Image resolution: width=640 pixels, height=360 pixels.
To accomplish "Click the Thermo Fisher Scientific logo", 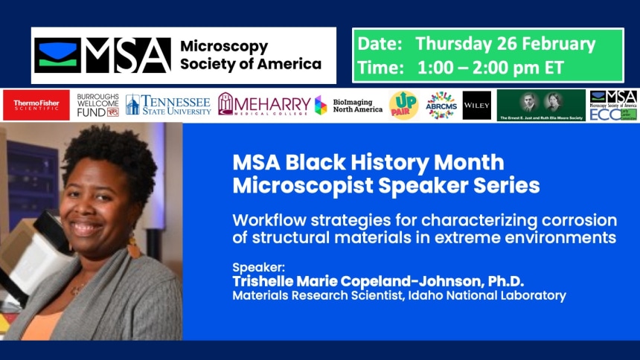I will pos(36,106).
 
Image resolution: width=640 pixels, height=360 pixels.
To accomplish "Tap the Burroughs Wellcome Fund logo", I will pos(98,106).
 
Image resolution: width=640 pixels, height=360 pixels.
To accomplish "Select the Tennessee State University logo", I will pos(168,105).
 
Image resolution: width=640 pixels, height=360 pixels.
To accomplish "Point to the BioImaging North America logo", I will pos(348,106).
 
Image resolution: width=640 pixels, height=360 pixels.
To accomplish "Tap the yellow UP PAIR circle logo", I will pos(403,106).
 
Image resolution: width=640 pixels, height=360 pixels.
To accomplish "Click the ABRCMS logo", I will pos(441,106).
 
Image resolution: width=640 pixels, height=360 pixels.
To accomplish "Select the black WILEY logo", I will pos(476,106).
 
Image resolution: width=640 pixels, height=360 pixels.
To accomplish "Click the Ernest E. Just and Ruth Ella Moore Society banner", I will pos(541,106).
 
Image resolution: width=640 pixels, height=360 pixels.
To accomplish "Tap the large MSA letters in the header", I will pos(127,56).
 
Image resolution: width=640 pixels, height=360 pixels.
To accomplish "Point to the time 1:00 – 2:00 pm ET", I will pos(490,67).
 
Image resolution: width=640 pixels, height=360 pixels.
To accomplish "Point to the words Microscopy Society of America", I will pos(250,55).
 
